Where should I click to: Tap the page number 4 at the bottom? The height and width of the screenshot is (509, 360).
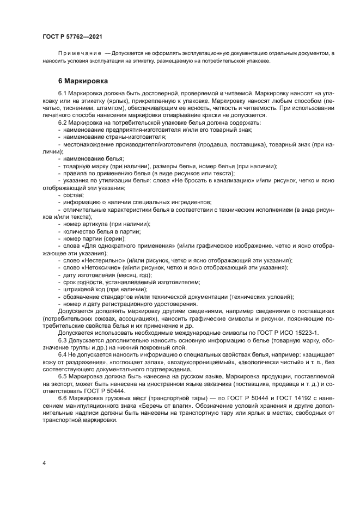click(44, 463)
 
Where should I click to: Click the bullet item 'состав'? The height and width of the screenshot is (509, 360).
click(74, 195)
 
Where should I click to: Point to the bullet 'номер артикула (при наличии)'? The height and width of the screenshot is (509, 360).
click(103, 224)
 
